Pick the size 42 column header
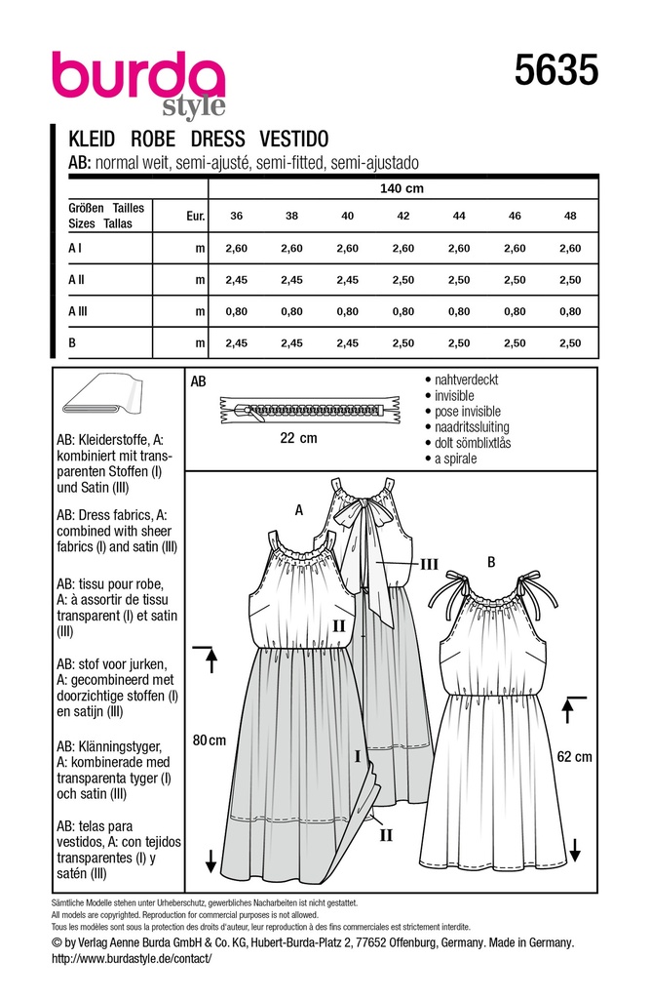(x=402, y=216)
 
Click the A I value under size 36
(x=237, y=249)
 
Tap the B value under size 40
(x=347, y=342)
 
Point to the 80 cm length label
(x=211, y=740)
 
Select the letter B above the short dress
(x=491, y=561)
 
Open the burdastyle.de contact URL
(x=131, y=959)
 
